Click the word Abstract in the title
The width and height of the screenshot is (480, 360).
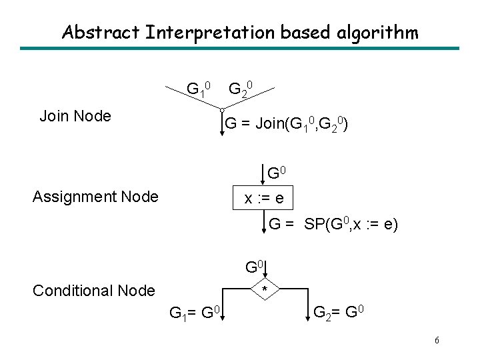coord(101,32)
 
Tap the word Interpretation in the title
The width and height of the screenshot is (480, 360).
coord(210,33)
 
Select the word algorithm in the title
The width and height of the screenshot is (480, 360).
coord(377,33)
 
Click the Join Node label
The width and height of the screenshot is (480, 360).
coord(75,116)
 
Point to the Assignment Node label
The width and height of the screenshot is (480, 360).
coord(95,197)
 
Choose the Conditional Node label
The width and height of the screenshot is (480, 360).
coord(94,291)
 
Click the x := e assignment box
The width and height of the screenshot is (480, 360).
coord(263,198)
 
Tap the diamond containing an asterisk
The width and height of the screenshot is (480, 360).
coord(265,289)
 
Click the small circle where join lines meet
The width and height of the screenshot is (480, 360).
coord(222,110)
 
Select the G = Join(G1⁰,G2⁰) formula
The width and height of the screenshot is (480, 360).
coord(286,124)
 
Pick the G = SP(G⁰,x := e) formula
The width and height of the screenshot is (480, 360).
coord(333,225)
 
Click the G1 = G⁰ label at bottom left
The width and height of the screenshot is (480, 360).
coord(195,313)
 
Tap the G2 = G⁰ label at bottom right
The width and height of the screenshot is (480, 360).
coord(339,313)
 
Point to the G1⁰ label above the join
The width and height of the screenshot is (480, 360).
coord(199,89)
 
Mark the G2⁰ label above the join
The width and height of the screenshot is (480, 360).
coord(241,89)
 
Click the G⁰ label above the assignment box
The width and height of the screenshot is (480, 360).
coord(277,173)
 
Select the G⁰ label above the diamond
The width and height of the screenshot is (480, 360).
coord(255,267)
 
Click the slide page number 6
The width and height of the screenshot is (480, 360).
coord(437,340)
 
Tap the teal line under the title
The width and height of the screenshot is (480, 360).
coord(240,49)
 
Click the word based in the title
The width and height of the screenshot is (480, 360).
coord(305,32)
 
